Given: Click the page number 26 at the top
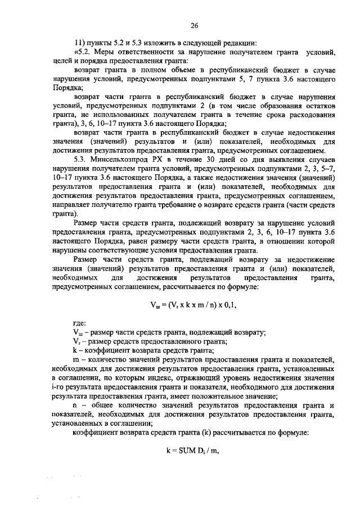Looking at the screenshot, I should tap(195, 25).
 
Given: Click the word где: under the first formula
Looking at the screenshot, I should tap(80, 324).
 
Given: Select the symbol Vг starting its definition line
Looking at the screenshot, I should tap(77, 341).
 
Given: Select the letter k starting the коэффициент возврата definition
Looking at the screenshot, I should tap(75, 350).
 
